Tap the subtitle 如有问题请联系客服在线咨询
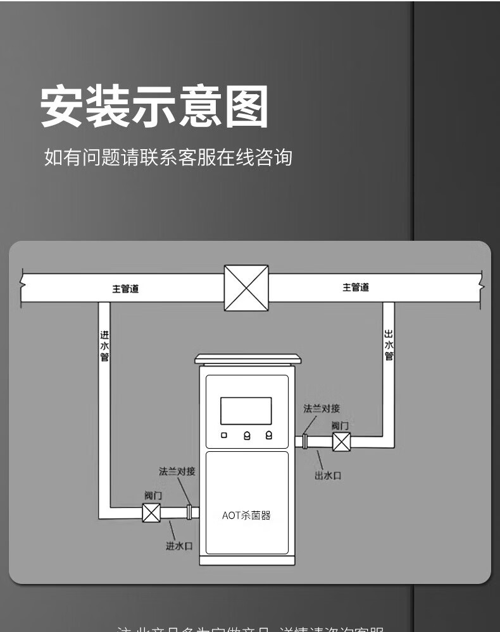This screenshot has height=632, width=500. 168,157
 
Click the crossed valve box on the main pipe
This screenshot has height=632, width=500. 246,288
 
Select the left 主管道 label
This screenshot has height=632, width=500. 125,289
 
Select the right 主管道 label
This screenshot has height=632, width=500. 356,288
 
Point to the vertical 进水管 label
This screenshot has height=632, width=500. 104,345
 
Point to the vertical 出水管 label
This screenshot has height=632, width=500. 389,345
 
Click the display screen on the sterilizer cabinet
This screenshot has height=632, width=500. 246,411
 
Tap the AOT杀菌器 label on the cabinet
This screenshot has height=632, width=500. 246,515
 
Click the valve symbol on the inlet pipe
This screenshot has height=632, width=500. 151,512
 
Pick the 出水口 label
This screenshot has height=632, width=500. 328,475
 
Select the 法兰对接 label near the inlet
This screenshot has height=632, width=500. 177,471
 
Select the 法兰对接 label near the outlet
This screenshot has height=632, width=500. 322,409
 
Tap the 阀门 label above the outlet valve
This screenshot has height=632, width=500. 340,426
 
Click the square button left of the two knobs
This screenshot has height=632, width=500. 224,435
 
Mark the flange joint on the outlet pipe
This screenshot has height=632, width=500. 305,441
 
